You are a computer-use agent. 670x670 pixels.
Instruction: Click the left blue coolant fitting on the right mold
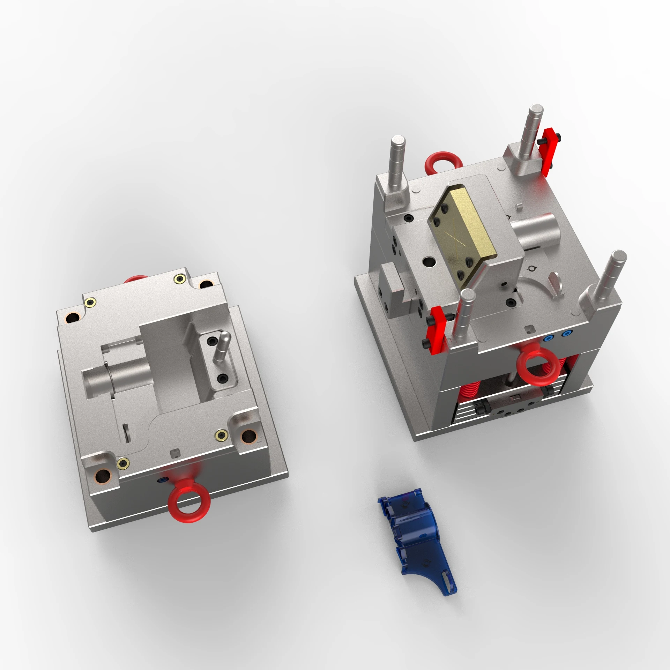[551, 338]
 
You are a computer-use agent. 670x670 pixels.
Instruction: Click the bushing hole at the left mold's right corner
[248, 435]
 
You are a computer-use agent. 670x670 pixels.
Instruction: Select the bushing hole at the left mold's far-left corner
[74, 318]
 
